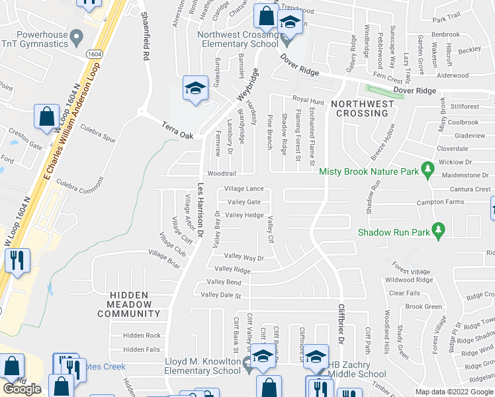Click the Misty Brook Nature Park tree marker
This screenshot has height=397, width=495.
point(428,171)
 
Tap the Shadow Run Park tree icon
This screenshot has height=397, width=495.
point(437,231)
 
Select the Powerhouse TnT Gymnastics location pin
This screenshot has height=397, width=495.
point(78,34)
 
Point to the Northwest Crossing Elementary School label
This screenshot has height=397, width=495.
point(240,39)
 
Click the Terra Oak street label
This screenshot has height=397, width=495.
point(177,130)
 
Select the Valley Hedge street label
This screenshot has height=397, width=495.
point(244,215)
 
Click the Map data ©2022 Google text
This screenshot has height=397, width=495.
point(455,392)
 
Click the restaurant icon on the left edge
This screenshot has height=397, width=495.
point(17,260)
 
